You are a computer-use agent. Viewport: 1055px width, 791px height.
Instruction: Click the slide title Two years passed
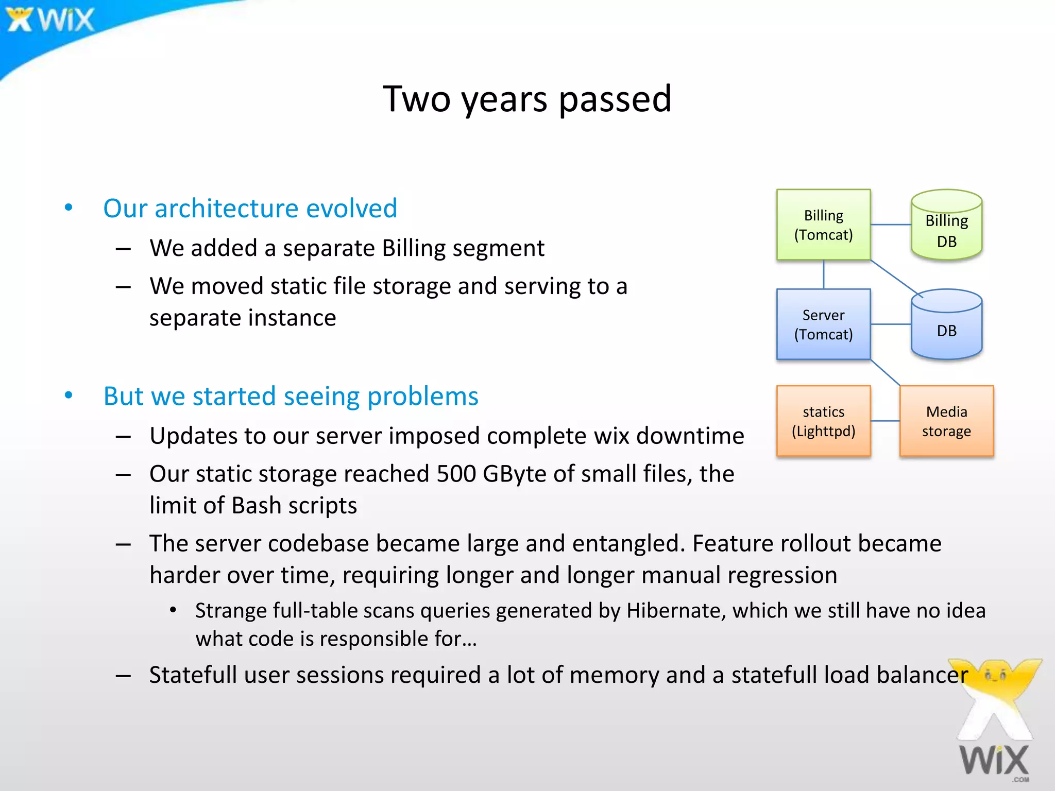click(x=527, y=99)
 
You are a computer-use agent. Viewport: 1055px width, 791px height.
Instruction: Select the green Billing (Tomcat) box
click(x=823, y=225)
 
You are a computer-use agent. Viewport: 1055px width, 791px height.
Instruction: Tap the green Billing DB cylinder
click(x=946, y=227)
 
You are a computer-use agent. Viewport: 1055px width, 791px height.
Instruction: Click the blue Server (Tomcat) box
click(x=823, y=324)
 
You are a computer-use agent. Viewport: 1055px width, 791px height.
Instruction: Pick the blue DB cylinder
click(x=946, y=327)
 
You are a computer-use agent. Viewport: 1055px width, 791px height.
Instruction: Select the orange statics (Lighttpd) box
click(x=823, y=421)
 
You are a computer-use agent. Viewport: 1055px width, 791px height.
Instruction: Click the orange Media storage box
click(x=946, y=421)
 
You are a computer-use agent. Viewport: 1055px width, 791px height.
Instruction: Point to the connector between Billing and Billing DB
click(x=891, y=225)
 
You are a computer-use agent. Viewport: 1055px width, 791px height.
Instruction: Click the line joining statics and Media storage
click(x=885, y=421)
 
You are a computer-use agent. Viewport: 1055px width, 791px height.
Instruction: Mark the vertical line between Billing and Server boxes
click(x=824, y=274)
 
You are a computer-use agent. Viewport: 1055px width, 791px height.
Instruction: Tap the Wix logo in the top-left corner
click(x=50, y=20)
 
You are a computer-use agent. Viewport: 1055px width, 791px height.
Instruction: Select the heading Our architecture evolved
click(x=250, y=209)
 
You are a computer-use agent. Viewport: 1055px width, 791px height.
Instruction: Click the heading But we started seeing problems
click(x=291, y=397)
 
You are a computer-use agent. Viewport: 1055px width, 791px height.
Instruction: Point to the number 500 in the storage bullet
click(x=456, y=474)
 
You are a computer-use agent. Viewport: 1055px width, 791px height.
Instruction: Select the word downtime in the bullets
click(x=690, y=436)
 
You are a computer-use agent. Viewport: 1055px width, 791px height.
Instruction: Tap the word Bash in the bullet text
click(x=256, y=506)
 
